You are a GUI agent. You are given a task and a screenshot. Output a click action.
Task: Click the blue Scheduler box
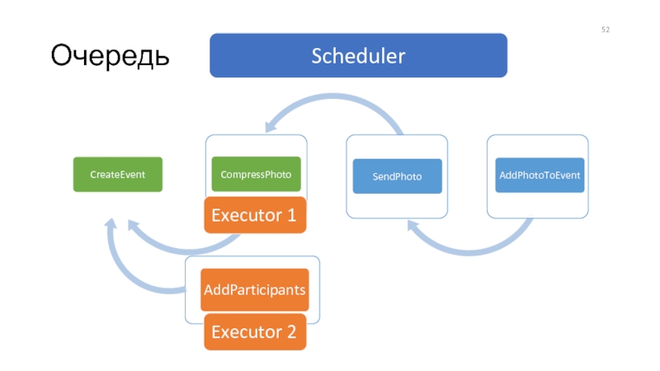coord(358,55)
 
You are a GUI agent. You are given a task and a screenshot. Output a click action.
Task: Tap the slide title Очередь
coord(110,55)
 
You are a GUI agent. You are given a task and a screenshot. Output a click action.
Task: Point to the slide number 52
coord(606,30)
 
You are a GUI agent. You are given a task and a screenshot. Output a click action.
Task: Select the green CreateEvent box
coord(118,175)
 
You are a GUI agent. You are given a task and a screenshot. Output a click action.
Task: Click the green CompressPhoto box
coord(256,174)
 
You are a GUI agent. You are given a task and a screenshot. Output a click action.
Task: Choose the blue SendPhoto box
coord(398,176)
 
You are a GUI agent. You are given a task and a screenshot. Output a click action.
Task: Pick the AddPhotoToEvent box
coord(540,176)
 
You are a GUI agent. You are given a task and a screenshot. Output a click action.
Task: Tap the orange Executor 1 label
coord(255,215)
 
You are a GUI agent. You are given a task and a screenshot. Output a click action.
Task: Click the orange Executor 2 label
coord(255,332)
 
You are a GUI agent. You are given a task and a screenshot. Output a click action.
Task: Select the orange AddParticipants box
coord(255,290)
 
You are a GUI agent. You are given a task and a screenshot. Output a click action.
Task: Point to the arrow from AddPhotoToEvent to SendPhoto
coord(469,252)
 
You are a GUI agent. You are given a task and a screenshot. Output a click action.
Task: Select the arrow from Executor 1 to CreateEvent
coord(181,251)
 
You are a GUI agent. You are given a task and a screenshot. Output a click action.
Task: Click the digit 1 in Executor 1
coord(292,215)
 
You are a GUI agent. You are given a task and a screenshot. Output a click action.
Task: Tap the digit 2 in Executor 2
coord(292,332)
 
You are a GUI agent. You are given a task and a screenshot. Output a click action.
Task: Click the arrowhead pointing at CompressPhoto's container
coord(271,126)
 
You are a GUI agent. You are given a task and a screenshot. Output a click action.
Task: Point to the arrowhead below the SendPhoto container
coord(413,227)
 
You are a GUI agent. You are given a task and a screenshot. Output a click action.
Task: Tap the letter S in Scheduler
coord(317,56)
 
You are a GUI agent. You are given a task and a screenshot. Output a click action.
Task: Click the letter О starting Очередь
coord(60,54)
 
